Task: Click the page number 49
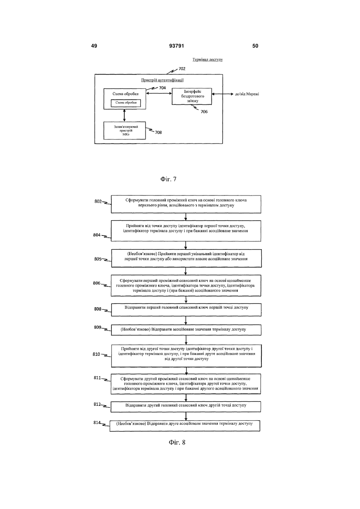click(94, 46)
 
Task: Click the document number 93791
click(177, 46)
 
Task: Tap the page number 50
click(255, 46)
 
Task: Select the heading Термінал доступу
click(208, 60)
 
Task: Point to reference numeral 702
click(182, 69)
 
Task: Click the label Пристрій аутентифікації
click(162, 80)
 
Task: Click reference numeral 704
click(162, 88)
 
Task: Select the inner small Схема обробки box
click(126, 103)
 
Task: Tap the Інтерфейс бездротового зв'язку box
click(192, 96)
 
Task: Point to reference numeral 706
click(204, 112)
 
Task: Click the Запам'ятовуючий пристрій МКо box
click(125, 130)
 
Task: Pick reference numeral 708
click(158, 132)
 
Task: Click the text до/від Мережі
click(247, 94)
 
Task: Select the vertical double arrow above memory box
click(124, 116)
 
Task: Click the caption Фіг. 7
click(168, 179)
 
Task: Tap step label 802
click(98, 202)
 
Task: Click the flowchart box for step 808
click(186, 310)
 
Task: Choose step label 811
click(97, 378)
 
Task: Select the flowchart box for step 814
click(185, 426)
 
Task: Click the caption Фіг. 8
click(177, 442)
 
